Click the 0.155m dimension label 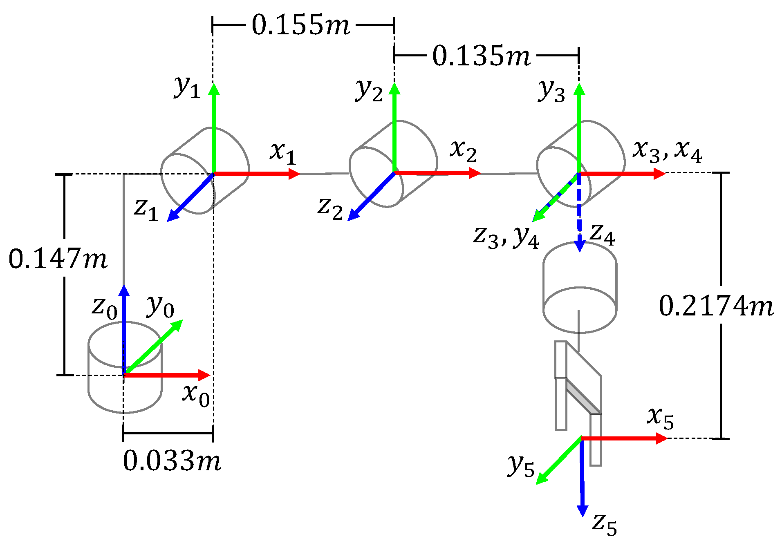pos(301,25)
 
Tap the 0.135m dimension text pos(481,56)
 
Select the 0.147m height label pos(58,259)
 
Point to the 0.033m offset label pos(172,461)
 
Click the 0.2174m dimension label pos(716,306)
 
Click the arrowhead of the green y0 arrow pos(178,324)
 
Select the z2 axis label pos(330,208)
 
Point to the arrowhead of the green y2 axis pos(394,87)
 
